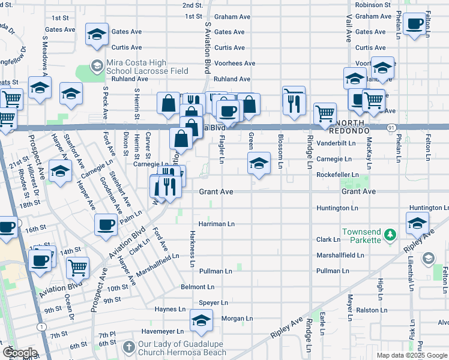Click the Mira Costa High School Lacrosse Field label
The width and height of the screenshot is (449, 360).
click(x=147, y=66)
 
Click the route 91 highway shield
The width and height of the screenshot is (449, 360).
click(x=391, y=127)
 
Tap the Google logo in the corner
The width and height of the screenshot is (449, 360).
click(x=19, y=353)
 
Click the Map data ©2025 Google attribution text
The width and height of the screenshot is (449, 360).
click(x=412, y=355)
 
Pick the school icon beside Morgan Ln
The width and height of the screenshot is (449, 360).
click(x=201, y=320)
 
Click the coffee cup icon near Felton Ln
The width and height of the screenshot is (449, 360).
click(x=415, y=24)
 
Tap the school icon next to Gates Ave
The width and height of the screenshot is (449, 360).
click(x=96, y=35)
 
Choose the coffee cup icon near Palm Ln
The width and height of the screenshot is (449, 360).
click(x=106, y=224)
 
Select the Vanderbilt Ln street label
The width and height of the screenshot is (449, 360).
click(x=336, y=143)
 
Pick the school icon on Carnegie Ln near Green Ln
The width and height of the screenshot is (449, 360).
click(x=259, y=163)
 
